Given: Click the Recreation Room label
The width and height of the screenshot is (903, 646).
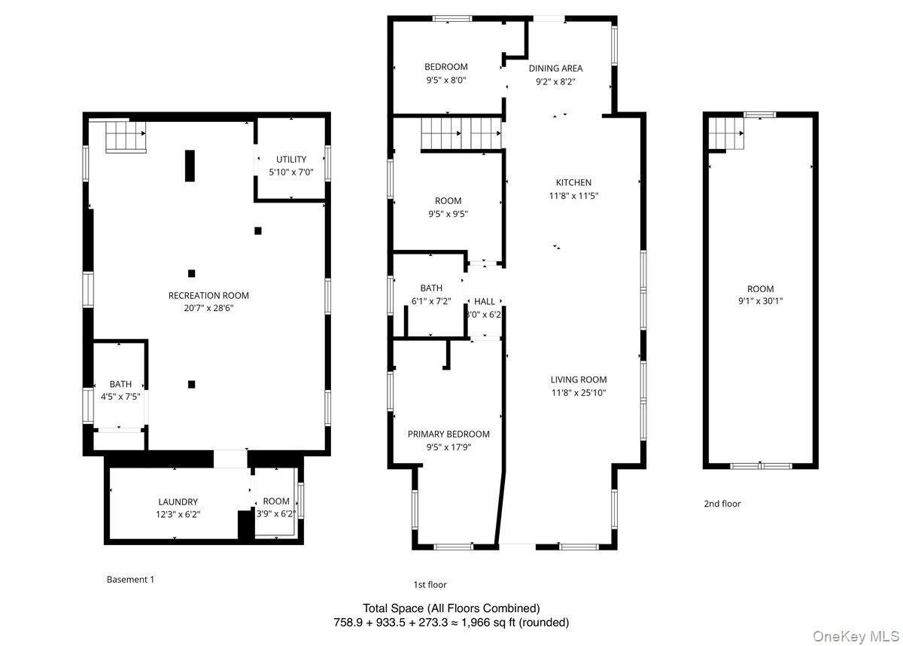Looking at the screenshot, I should point(208,295).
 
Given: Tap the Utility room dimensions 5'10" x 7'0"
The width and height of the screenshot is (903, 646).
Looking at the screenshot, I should point(290,172).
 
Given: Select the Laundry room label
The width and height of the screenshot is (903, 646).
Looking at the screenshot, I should point(178,501).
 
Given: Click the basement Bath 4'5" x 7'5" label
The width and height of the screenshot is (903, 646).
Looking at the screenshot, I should point(120,383).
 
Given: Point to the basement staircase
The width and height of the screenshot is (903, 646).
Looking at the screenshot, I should point(124,136).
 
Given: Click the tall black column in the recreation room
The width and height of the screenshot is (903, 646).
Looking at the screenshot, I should point(190,166).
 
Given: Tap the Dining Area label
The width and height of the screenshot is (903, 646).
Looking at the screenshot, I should point(555,69).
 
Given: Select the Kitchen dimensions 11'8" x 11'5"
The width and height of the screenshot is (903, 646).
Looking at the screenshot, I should point(573,196).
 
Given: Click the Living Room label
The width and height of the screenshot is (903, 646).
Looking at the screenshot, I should point(578,379).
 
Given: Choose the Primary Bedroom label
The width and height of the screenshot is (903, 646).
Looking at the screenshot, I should point(448,434).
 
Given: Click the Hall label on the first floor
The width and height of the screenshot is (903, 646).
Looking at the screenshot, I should point(485,301).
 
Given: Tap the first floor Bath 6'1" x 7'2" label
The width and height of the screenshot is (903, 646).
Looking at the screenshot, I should point(431,288).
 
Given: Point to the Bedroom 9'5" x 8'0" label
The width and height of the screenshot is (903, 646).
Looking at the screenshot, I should point(445,66).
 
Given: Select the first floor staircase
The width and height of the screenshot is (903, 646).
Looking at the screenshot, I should point(461,134).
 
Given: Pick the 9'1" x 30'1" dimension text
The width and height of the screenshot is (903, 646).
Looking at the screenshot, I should point(760,301).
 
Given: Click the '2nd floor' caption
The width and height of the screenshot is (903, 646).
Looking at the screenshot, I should point(722,504).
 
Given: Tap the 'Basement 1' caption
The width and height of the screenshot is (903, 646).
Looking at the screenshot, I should point(130,579).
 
